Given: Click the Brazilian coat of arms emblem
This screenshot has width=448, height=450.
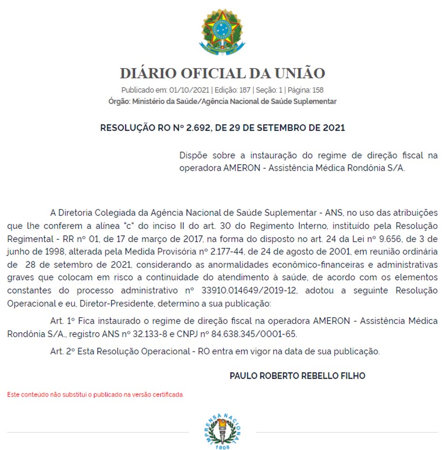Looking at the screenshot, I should click(222, 32).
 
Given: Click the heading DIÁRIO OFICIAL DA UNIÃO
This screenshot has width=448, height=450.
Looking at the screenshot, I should click(222, 73).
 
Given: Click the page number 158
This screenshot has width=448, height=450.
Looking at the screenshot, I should click(315, 90).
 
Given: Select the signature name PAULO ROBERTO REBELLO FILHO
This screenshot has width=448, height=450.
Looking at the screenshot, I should click(297, 376).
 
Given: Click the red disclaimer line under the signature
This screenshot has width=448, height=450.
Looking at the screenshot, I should click(96, 395).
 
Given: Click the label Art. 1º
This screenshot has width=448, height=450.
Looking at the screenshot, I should click(63, 321).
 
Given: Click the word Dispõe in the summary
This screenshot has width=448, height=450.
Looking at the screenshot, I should click(194, 155).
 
